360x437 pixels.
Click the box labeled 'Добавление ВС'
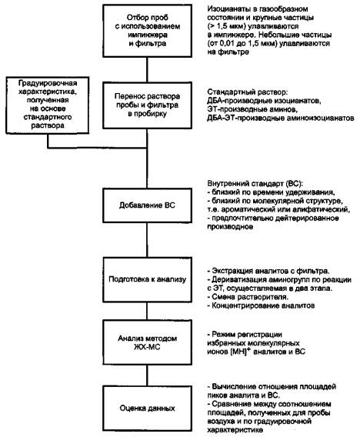[147, 205]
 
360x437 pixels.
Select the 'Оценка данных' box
[147, 408]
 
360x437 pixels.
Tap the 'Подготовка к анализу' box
[147, 279]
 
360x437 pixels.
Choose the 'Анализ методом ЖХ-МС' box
[147, 342]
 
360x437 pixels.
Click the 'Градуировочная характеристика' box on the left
[48, 105]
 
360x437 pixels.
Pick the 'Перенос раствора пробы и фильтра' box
[147, 105]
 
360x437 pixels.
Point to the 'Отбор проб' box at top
[147, 31]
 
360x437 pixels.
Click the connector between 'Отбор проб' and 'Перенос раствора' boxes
[147, 70]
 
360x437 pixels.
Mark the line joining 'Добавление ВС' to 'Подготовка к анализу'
[147, 240]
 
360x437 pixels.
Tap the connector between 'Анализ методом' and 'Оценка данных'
[147, 375]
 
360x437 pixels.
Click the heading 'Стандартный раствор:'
[247, 92]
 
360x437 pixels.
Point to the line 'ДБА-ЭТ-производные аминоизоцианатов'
[281, 118]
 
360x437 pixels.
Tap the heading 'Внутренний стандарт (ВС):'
[255, 184]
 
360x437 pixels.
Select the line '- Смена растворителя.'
[248, 297]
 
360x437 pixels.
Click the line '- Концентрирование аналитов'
[261, 305]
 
